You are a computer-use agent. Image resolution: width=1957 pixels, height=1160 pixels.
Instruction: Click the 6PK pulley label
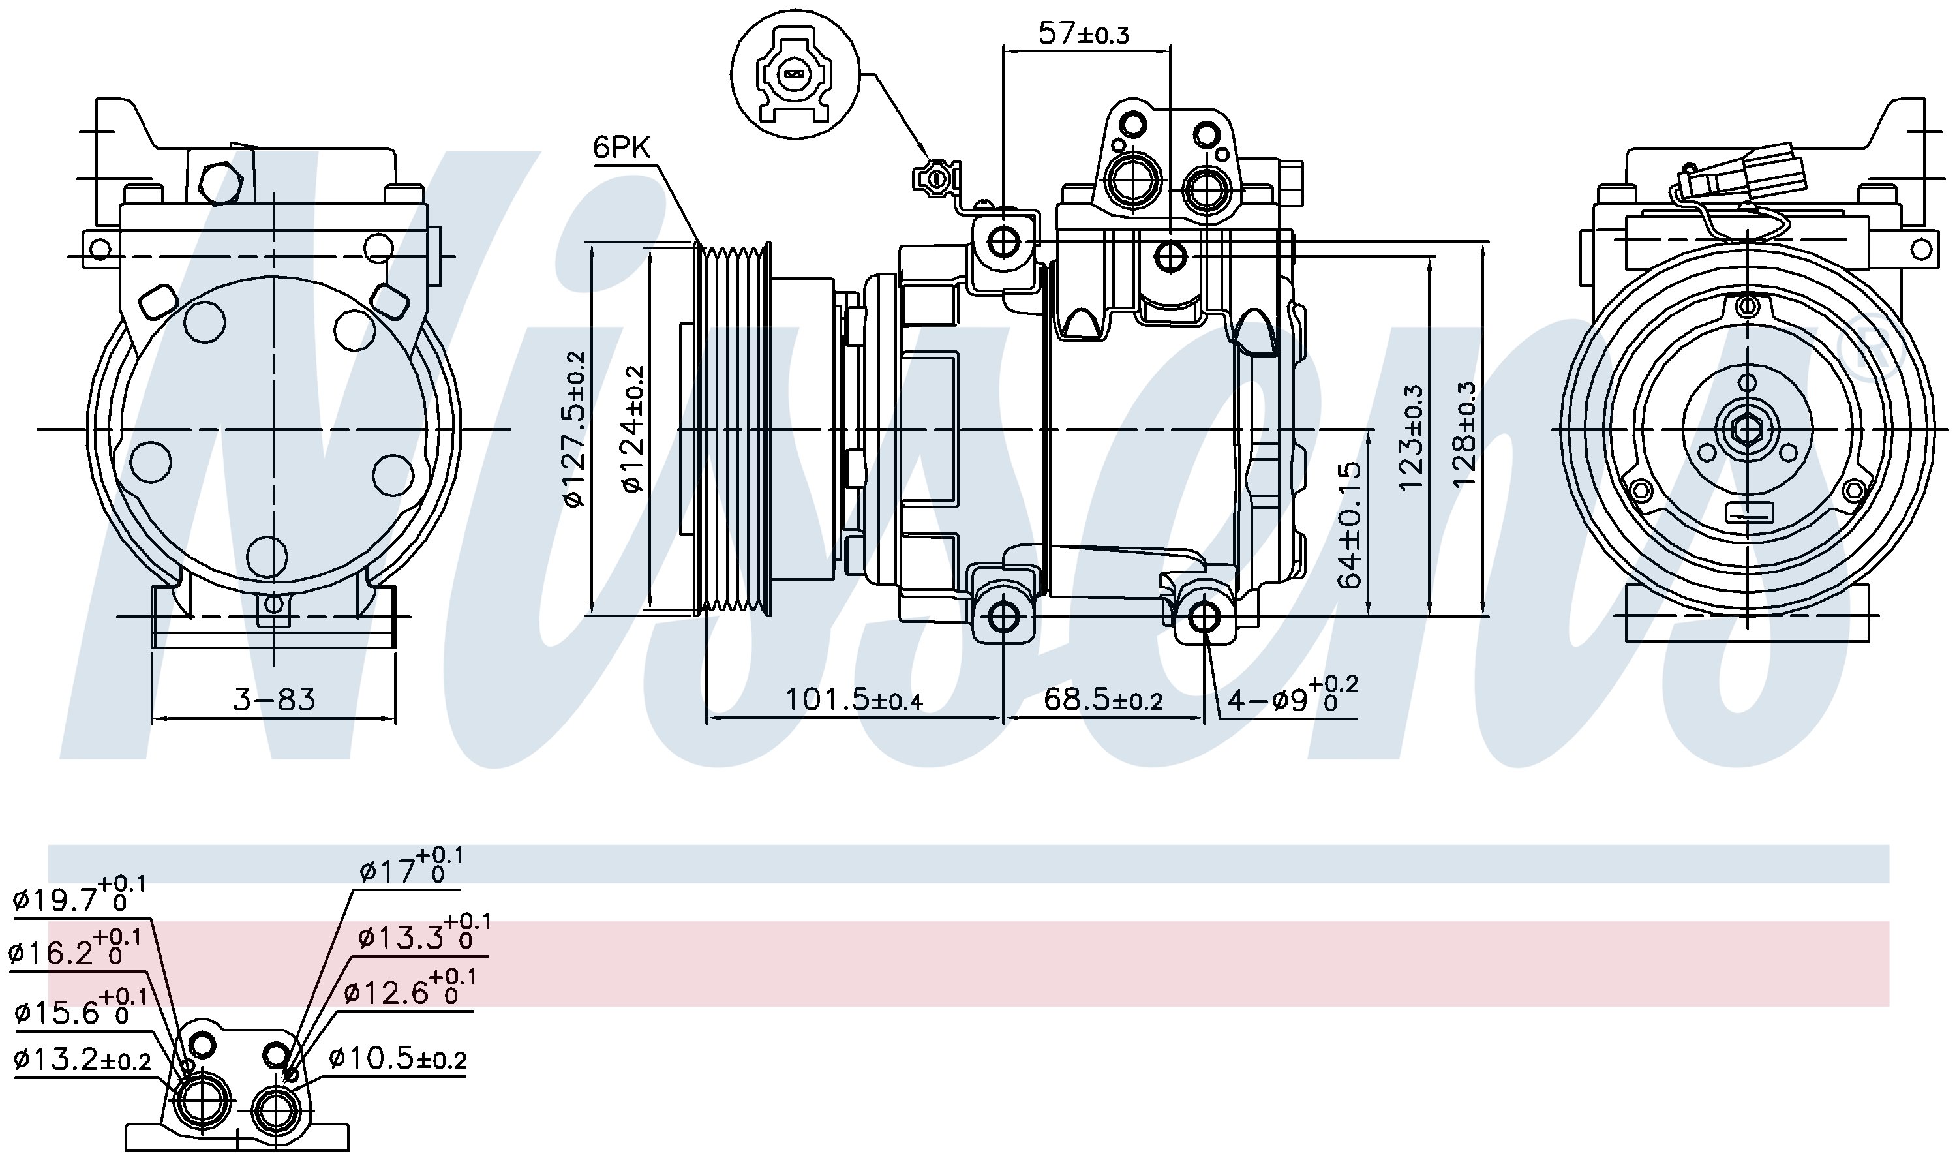click(621, 147)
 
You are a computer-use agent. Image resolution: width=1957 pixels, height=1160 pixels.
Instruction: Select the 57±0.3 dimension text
click(1084, 34)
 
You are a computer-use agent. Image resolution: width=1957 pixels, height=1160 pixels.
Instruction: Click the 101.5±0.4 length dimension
click(853, 699)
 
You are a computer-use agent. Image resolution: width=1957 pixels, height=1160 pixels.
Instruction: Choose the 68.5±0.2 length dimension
click(1102, 699)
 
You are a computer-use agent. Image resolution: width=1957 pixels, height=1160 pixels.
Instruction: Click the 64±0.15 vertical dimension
click(1350, 524)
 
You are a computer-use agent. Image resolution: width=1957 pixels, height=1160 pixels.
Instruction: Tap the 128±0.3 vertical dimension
click(1464, 435)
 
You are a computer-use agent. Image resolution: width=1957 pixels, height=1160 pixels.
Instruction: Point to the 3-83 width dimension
click(275, 699)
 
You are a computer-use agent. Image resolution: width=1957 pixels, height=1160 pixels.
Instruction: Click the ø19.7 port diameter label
click(79, 895)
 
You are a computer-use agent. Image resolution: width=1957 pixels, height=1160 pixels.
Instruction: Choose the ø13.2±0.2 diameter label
click(82, 1060)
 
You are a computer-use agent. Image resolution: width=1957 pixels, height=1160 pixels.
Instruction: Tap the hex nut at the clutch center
click(1744, 429)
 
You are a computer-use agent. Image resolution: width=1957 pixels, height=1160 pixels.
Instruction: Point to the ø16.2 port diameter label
click(75, 948)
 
